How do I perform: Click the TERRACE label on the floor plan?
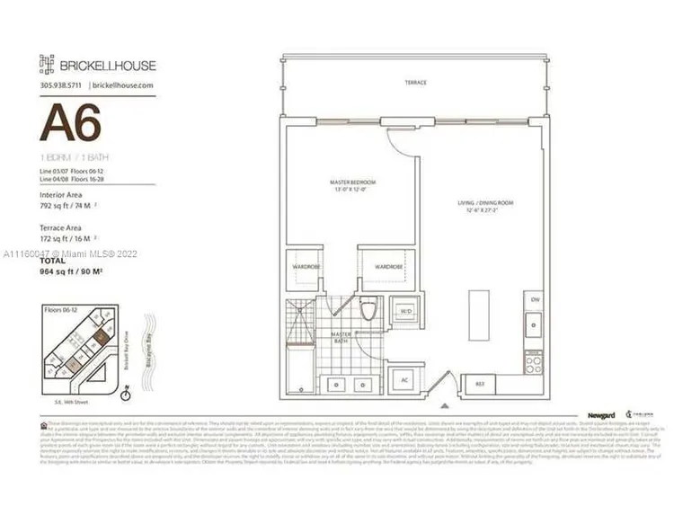coord(415,83)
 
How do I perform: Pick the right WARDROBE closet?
coord(388,267)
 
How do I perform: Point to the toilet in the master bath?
coord(368,311)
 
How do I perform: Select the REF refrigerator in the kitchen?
coord(479,384)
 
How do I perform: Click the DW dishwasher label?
coord(535,299)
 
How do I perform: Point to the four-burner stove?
coord(534,362)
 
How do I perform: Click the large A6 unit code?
coord(70,123)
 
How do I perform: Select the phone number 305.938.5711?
coord(62,84)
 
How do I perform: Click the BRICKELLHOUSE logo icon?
coord(47,63)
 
